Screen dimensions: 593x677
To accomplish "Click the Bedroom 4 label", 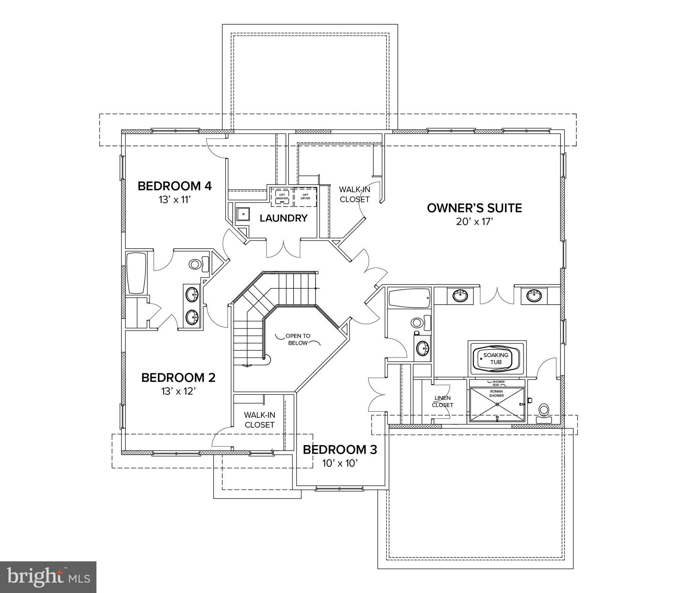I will click(174, 186).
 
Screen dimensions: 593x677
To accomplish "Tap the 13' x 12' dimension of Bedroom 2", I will click(179, 391).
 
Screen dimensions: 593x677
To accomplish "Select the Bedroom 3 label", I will click(339, 450).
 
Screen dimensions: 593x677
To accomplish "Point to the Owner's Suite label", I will click(474, 208).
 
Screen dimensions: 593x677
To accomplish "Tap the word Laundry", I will click(283, 218).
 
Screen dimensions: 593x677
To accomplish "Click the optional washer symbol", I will click(282, 197).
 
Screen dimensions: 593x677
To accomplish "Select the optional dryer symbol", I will click(305, 197).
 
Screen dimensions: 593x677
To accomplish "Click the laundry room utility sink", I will click(243, 213).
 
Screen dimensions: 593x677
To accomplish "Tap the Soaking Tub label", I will click(496, 359).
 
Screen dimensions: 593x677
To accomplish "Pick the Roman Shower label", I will click(496, 393).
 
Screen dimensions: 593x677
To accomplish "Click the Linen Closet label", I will click(442, 402).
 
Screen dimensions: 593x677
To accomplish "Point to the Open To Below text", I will click(297, 339).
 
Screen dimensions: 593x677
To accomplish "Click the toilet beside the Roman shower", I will click(544, 411).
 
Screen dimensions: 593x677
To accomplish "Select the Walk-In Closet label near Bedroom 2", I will click(259, 420).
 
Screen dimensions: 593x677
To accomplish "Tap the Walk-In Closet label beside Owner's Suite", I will click(354, 194).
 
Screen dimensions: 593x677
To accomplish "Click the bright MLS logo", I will click(48, 577).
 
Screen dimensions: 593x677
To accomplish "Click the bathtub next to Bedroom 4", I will click(136, 273).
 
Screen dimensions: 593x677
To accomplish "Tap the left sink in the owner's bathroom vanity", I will click(460, 296).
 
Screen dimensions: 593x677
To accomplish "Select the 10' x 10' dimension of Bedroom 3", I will click(340, 463).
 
